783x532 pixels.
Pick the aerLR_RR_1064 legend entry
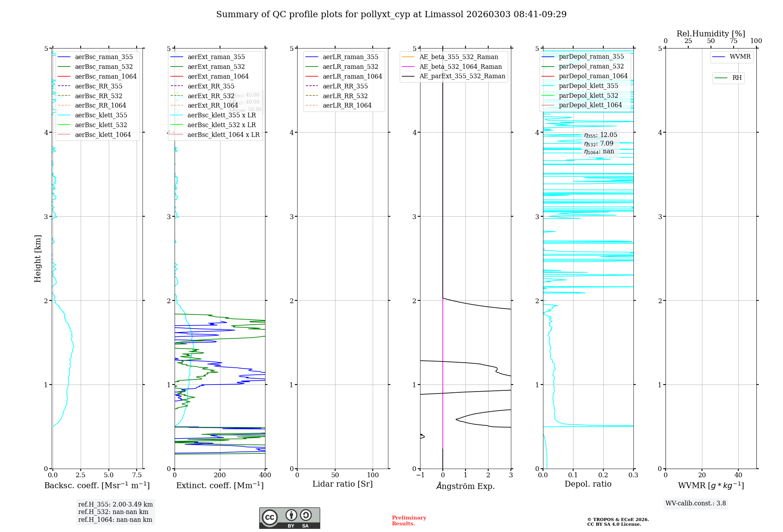click(347, 105)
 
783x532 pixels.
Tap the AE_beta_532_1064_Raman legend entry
click(460, 66)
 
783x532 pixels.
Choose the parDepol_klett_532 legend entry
click(588, 95)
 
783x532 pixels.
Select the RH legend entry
click(737, 78)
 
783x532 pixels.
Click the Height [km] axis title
click(38, 258)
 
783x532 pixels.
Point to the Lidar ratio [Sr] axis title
click(343, 484)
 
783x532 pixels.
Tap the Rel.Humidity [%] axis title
click(711, 34)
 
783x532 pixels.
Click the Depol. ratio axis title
click(588, 484)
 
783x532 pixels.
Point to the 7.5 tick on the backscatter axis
click(137, 475)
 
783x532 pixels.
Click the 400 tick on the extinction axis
click(265, 475)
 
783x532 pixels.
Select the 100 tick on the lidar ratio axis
click(373, 475)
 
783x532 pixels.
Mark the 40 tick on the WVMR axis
click(738, 475)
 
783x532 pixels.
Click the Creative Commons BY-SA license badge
click(289, 518)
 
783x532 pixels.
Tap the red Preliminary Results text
click(409, 520)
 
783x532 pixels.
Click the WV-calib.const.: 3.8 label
click(696, 503)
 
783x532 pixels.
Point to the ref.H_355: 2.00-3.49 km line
click(115, 504)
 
